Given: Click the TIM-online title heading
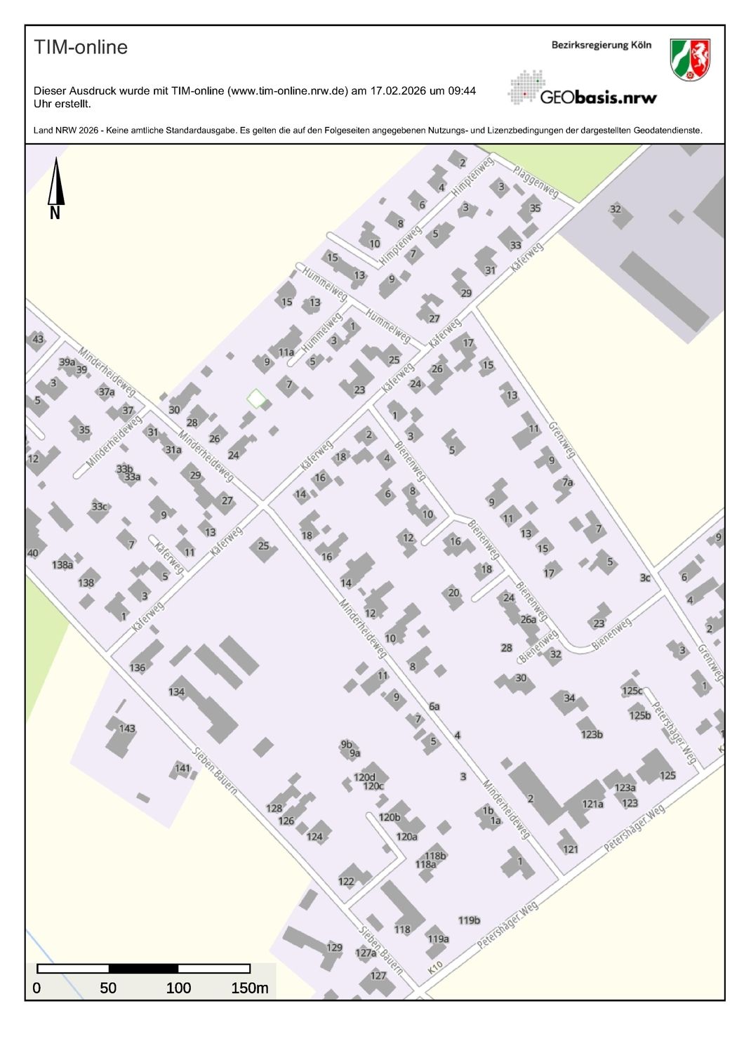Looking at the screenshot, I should [81, 47].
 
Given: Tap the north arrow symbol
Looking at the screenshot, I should [55, 186].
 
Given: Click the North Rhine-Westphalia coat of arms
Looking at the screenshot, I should [690, 59].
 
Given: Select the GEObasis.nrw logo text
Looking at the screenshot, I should [598, 97].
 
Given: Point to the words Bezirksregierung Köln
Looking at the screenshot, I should [601, 45].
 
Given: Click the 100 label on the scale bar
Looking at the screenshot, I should [178, 988].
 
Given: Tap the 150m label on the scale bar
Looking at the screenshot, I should [249, 988].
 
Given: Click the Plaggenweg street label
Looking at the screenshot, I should [536, 181].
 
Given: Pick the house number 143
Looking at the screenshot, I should [127, 728].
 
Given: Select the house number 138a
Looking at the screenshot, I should [62, 564].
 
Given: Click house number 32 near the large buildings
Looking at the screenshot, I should [616, 208].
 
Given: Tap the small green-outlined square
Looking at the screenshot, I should [257, 399].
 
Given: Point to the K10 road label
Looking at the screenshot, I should [435, 967].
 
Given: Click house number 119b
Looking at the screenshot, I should [469, 920].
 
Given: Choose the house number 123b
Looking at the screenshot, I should [592, 734].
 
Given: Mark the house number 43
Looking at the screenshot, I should [38, 339].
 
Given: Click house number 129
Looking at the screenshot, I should [334, 947].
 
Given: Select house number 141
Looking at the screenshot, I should [182, 768].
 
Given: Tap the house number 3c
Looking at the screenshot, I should [644, 578].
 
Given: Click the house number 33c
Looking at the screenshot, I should [100, 506].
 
